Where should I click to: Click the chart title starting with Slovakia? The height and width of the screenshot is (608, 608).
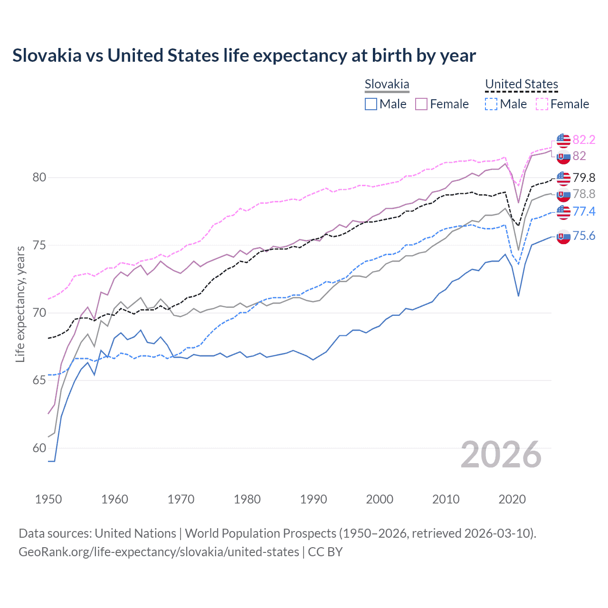[x=244, y=56]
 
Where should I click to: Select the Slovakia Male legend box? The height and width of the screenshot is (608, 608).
[x=371, y=104]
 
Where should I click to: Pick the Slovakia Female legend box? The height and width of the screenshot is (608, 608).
[x=421, y=104]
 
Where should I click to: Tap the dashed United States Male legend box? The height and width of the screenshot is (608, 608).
[x=491, y=104]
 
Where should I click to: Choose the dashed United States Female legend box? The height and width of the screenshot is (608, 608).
[x=542, y=104]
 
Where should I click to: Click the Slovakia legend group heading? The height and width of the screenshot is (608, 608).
[x=387, y=84]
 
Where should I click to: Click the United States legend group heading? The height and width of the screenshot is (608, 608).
[x=521, y=84]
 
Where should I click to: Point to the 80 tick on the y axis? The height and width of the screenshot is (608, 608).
[x=39, y=178]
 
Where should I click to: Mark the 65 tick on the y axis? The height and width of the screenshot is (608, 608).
[x=39, y=380]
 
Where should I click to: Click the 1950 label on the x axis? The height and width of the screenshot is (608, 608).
[x=48, y=499]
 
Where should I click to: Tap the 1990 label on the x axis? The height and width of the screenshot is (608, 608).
[x=313, y=499]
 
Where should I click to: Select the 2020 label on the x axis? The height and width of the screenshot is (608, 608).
[x=512, y=499]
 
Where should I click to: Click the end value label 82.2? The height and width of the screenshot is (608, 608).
[x=584, y=140]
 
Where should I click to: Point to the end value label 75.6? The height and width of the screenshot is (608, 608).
[x=584, y=236]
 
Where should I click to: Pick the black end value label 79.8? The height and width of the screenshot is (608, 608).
[x=584, y=178]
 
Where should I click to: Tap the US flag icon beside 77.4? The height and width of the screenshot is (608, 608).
[x=563, y=212]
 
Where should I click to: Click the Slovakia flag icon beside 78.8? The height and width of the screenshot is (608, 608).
[x=563, y=194]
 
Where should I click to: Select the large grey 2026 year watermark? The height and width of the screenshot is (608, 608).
[x=501, y=455]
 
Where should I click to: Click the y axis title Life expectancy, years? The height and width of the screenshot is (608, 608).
[x=20, y=304]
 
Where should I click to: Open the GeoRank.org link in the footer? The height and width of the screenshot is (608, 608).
[x=159, y=552]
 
